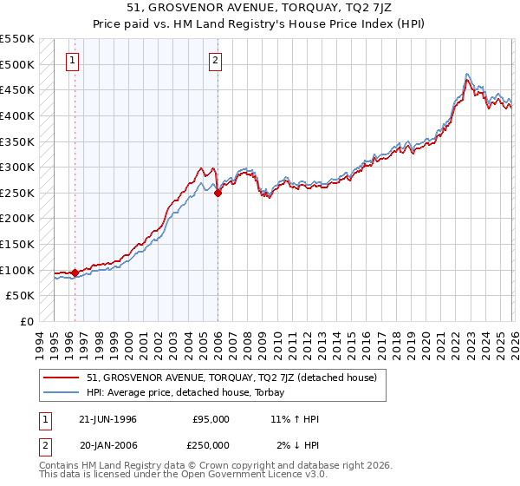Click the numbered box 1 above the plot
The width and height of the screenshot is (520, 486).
click(x=71, y=61)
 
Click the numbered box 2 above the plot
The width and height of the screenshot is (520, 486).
click(x=214, y=61)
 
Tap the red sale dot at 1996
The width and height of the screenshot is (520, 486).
click(x=75, y=273)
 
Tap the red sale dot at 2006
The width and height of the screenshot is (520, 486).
click(x=218, y=194)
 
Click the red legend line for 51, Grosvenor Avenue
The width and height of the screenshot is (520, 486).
click(x=62, y=378)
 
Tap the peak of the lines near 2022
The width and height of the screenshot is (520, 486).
click(x=467, y=76)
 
